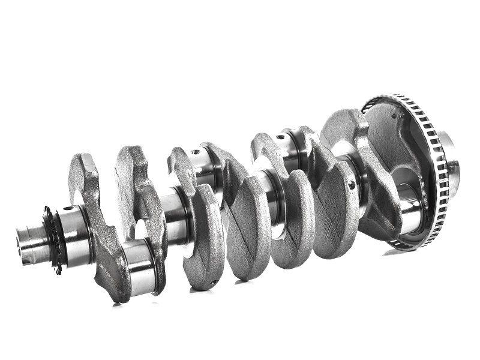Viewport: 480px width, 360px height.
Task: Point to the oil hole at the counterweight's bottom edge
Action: tap(213, 281)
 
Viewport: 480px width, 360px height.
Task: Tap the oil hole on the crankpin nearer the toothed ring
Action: tap(280, 137)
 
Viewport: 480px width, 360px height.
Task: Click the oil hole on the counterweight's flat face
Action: tap(352, 185)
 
